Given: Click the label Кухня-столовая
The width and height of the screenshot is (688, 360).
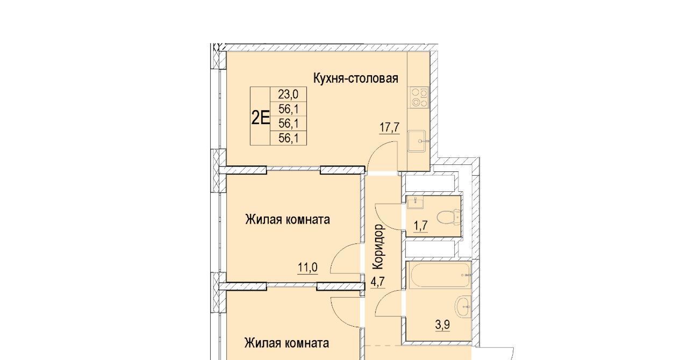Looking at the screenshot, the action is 356,78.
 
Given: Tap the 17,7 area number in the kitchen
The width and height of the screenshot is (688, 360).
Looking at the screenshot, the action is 390,127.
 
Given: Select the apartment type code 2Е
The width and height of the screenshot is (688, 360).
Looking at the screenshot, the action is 261,118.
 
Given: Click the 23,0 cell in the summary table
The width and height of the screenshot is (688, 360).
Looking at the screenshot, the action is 288,94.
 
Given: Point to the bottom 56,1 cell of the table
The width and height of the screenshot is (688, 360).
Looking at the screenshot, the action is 289,138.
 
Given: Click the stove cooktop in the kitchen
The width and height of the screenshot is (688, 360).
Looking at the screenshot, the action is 418,97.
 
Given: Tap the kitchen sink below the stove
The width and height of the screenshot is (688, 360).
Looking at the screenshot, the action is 417,141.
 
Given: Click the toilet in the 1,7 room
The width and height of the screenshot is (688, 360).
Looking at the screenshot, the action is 449,217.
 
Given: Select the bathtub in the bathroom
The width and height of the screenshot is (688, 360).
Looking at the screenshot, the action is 440,275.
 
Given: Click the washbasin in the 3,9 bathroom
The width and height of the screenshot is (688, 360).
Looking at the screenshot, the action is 463,307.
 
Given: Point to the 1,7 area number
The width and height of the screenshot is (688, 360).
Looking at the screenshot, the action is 420,226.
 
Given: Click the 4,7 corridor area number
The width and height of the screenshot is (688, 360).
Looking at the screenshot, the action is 377,282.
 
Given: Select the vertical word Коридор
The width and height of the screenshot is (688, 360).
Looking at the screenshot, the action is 378,247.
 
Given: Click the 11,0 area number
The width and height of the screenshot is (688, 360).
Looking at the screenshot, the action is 307,268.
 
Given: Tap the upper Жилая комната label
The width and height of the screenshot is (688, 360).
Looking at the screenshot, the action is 288,220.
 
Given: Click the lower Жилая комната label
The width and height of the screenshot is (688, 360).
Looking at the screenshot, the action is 286,343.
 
